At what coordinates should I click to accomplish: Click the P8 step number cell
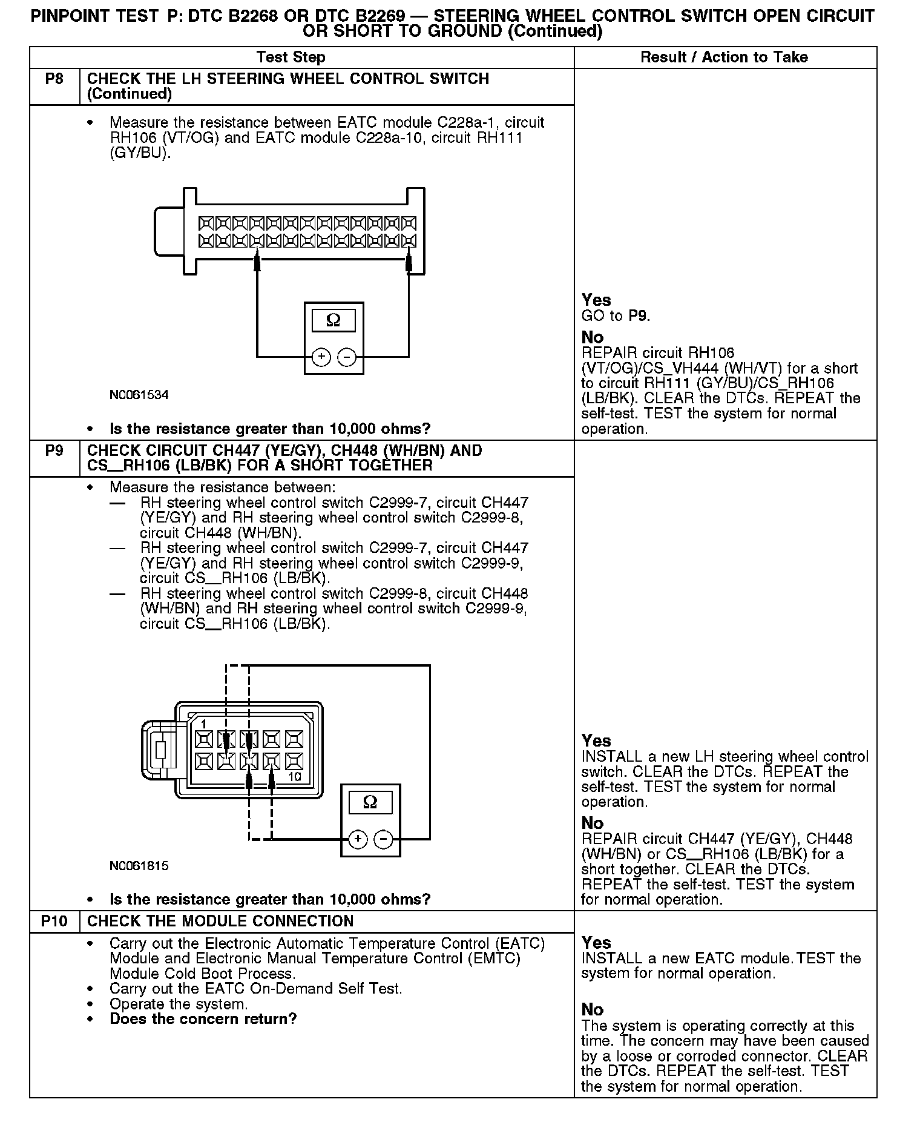[x=54, y=79]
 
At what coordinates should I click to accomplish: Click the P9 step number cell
[x=54, y=451]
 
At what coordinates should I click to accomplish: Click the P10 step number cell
[x=54, y=921]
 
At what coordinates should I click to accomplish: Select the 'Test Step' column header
[x=291, y=58]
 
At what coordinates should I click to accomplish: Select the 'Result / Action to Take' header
[x=724, y=58]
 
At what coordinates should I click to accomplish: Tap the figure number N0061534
[x=139, y=395]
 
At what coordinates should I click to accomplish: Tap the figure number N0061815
[x=139, y=866]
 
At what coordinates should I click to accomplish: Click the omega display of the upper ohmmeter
[x=333, y=320]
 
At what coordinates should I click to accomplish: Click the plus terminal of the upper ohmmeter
[x=321, y=357]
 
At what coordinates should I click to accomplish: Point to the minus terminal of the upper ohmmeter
[x=346, y=357]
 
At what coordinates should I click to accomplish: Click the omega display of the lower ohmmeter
[x=370, y=802]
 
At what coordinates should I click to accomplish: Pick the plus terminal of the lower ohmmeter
[x=358, y=839]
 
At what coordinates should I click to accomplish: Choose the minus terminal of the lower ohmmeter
[x=383, y=839]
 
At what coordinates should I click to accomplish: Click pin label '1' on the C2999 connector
[x=203, y=724]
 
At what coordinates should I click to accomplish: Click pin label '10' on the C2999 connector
[x=295, y=777]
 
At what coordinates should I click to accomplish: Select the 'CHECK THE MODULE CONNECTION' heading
[x=220, y=921]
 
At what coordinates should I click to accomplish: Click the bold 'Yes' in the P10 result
[x=596, y=943]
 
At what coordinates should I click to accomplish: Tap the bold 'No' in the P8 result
[x=593, y=337]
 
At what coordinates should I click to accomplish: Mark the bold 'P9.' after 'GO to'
[x=639, y=315]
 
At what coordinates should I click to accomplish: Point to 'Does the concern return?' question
[x=203, y=1018]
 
